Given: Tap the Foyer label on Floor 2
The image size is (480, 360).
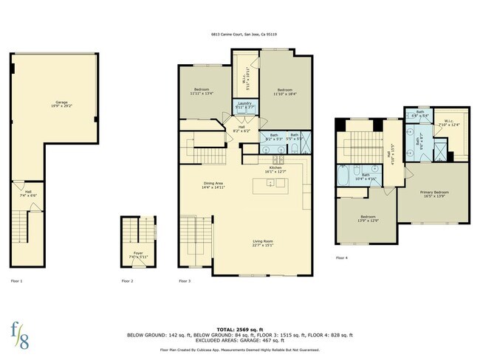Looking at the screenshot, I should [x=138, y=255].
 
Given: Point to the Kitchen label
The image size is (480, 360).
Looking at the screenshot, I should [x=275, y=170].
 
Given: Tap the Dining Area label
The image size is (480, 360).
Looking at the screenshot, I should [x=213, y=184].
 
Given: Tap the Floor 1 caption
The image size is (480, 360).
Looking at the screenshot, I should [x=16, y=281].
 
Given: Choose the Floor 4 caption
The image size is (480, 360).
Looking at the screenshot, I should [x=342, y=257].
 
